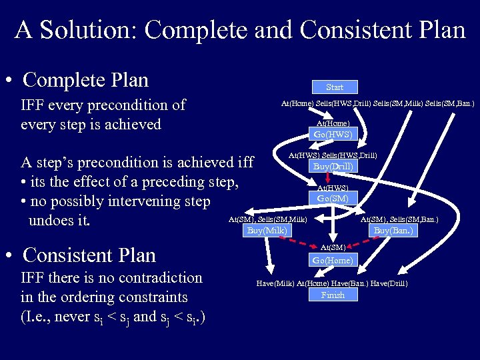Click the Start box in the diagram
point(335,87)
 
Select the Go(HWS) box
point(333,134)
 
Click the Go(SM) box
point(333,198)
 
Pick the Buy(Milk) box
point(267,231)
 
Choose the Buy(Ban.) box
point(393,231)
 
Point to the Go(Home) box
point(333,260)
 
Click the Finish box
point(333,295)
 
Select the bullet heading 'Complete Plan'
point(85,80)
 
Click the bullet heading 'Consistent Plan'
point(89,255)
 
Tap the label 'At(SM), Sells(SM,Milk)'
point(267,219)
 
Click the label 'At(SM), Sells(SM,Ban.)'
point(399,219)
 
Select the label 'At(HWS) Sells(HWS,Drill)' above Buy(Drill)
point(332,155)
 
